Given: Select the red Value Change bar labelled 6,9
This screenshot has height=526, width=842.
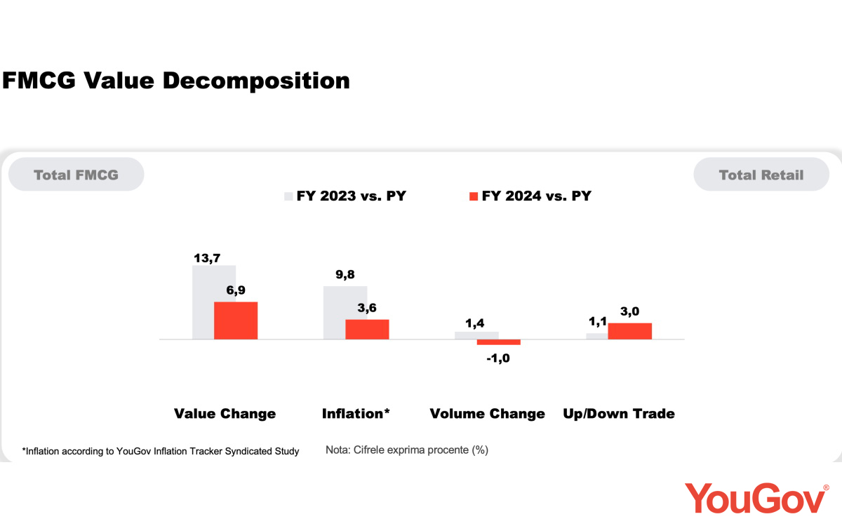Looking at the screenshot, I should pyautogui.click(x=236, y=321).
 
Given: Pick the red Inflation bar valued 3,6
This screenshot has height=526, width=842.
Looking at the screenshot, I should pyautogui.click(x=367, y=329).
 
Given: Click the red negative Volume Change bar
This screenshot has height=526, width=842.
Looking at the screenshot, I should pyautogui.click(x=499, y=342).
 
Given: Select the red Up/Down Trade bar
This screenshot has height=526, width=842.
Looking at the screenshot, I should pyautogui.click(x=630, y=331).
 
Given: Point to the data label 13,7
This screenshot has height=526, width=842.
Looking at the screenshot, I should pyautogui.click(x=207, y=258).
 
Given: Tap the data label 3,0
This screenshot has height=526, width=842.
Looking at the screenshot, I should pyautogui.click(x=629, y=311).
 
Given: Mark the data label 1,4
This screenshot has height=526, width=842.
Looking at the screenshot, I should pyautogui.click(x=476, y=323).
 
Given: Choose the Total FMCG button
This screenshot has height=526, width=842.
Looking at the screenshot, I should pyautogui.click(x=76, y=175).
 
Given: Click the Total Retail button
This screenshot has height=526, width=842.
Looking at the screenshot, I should pyautogui.click(x=761, y=175).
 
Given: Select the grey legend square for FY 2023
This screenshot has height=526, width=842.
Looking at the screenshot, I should pyautogui.click(x=288, y=196).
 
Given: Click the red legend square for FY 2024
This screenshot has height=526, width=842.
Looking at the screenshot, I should pyautogui.click(x=474, y=196).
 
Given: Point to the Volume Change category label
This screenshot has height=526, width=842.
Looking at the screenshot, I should pyautogui.click(x=487, y=414).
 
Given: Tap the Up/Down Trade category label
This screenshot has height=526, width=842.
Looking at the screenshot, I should pyautogui.click(x=619, y=414).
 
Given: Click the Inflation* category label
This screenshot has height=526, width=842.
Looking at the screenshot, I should pyautogui.click(x=356, y=414).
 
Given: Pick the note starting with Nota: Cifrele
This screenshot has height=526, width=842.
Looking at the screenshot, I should pyautogui.click(x=406, y=450).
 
